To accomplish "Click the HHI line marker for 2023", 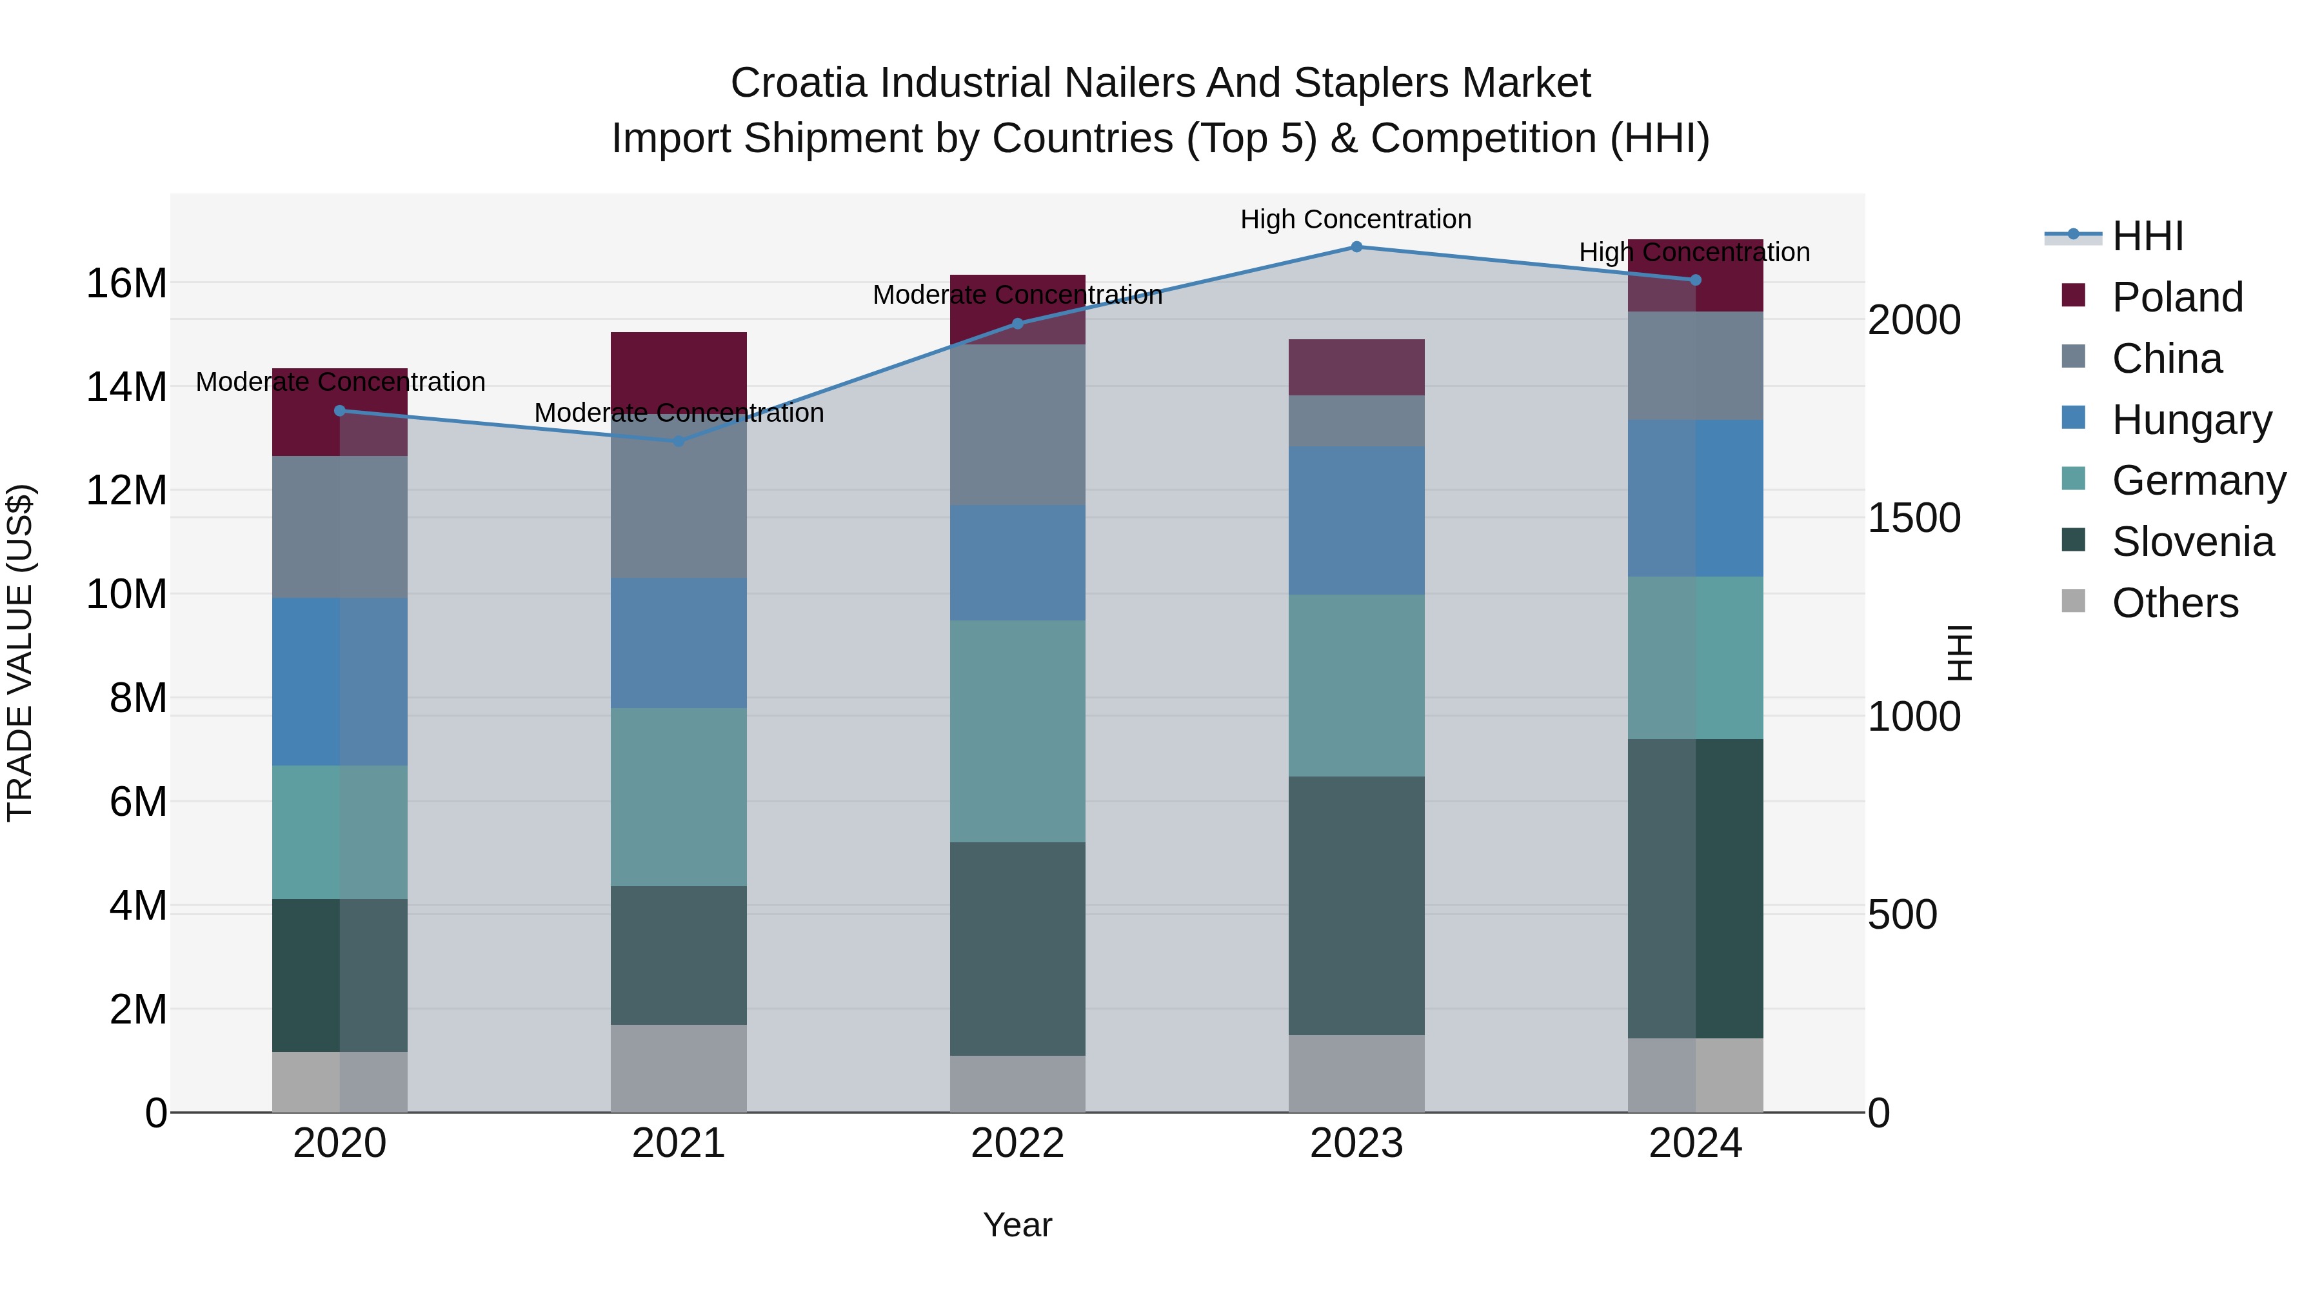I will (x=1356, y=247).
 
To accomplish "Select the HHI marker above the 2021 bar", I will (x=679, y=440).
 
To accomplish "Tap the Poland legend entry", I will (x=2176, y=297).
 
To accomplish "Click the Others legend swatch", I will (x=2073, y=601).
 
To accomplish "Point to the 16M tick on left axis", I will (x=126, y=284).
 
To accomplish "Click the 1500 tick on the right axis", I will (x=1913, y=519).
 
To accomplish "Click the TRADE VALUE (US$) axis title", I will (x=21, y=653).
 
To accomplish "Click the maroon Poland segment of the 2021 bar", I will (x=679, y=370).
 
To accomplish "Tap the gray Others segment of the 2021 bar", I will (x=679, y=1068).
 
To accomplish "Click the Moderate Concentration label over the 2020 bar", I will (x=340, y=382).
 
